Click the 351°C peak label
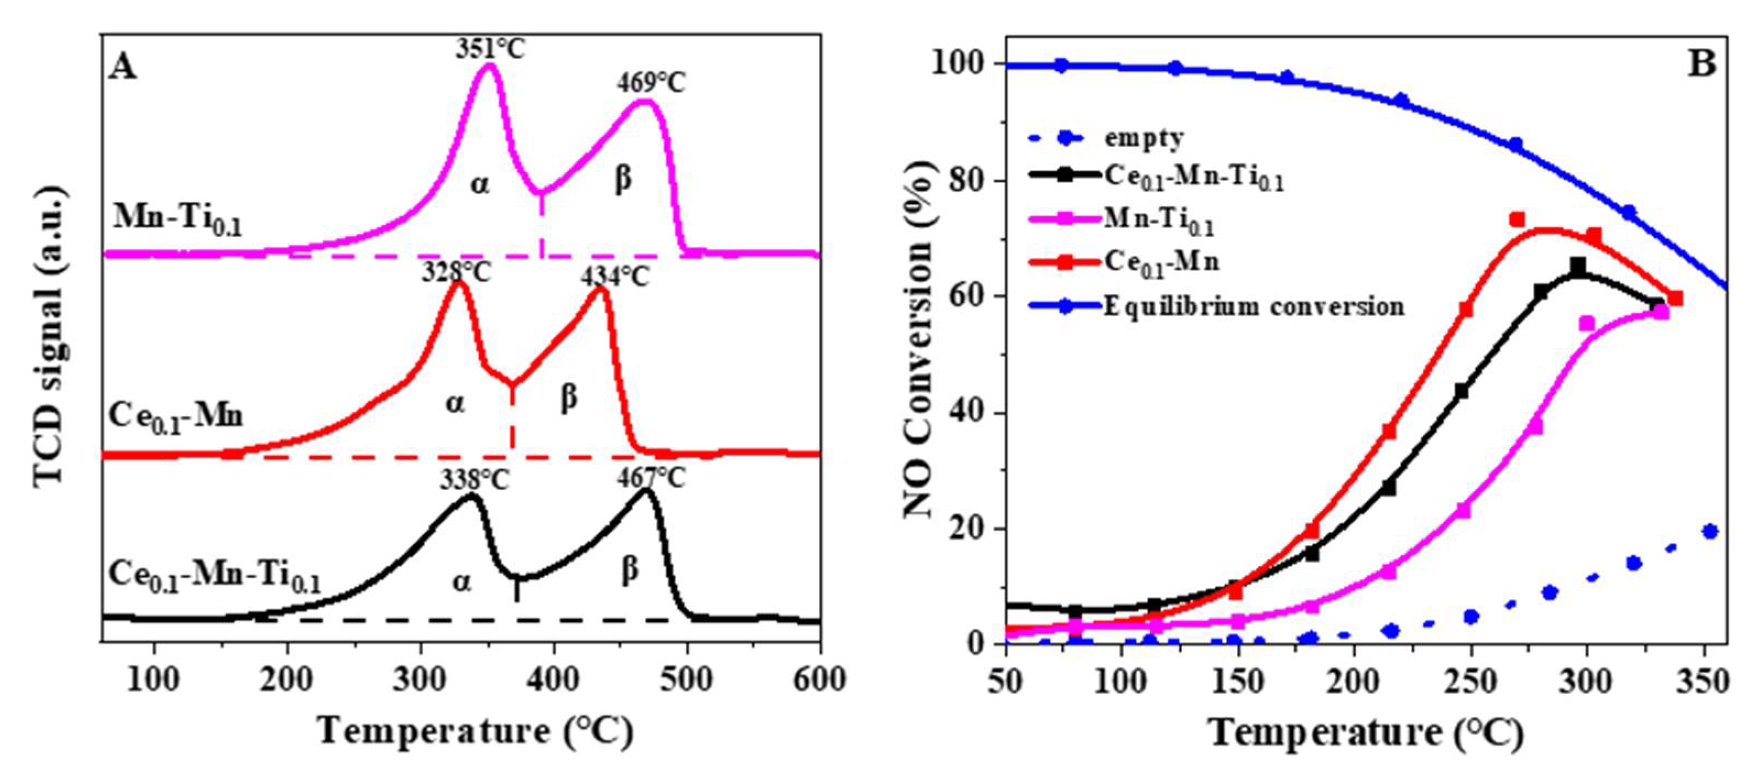pos(491,48)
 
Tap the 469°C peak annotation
pos(651,83)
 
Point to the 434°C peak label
pos(615,277)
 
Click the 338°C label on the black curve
pos(474,481)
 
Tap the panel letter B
pos(1701,64)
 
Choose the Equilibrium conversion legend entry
pos(1254,306)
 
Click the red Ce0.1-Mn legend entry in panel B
pos(1160,263)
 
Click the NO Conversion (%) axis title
pos(918,339)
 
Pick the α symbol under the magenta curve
pos(480,184)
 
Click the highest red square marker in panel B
pos(1517,219)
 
